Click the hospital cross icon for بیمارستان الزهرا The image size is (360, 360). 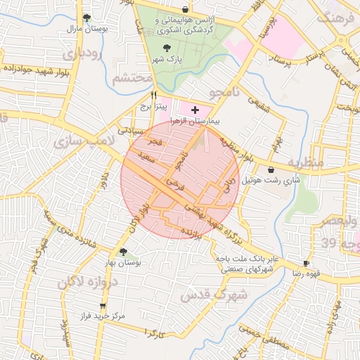coord(195,110)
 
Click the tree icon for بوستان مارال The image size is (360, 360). coord(86,18)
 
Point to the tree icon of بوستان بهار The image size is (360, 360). coord(124,252)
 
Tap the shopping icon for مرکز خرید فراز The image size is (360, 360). coord(103,307)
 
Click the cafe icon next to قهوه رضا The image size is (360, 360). coord(297,263)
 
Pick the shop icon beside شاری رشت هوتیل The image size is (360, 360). coord(271,169)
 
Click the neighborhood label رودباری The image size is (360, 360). coord(83,52)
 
